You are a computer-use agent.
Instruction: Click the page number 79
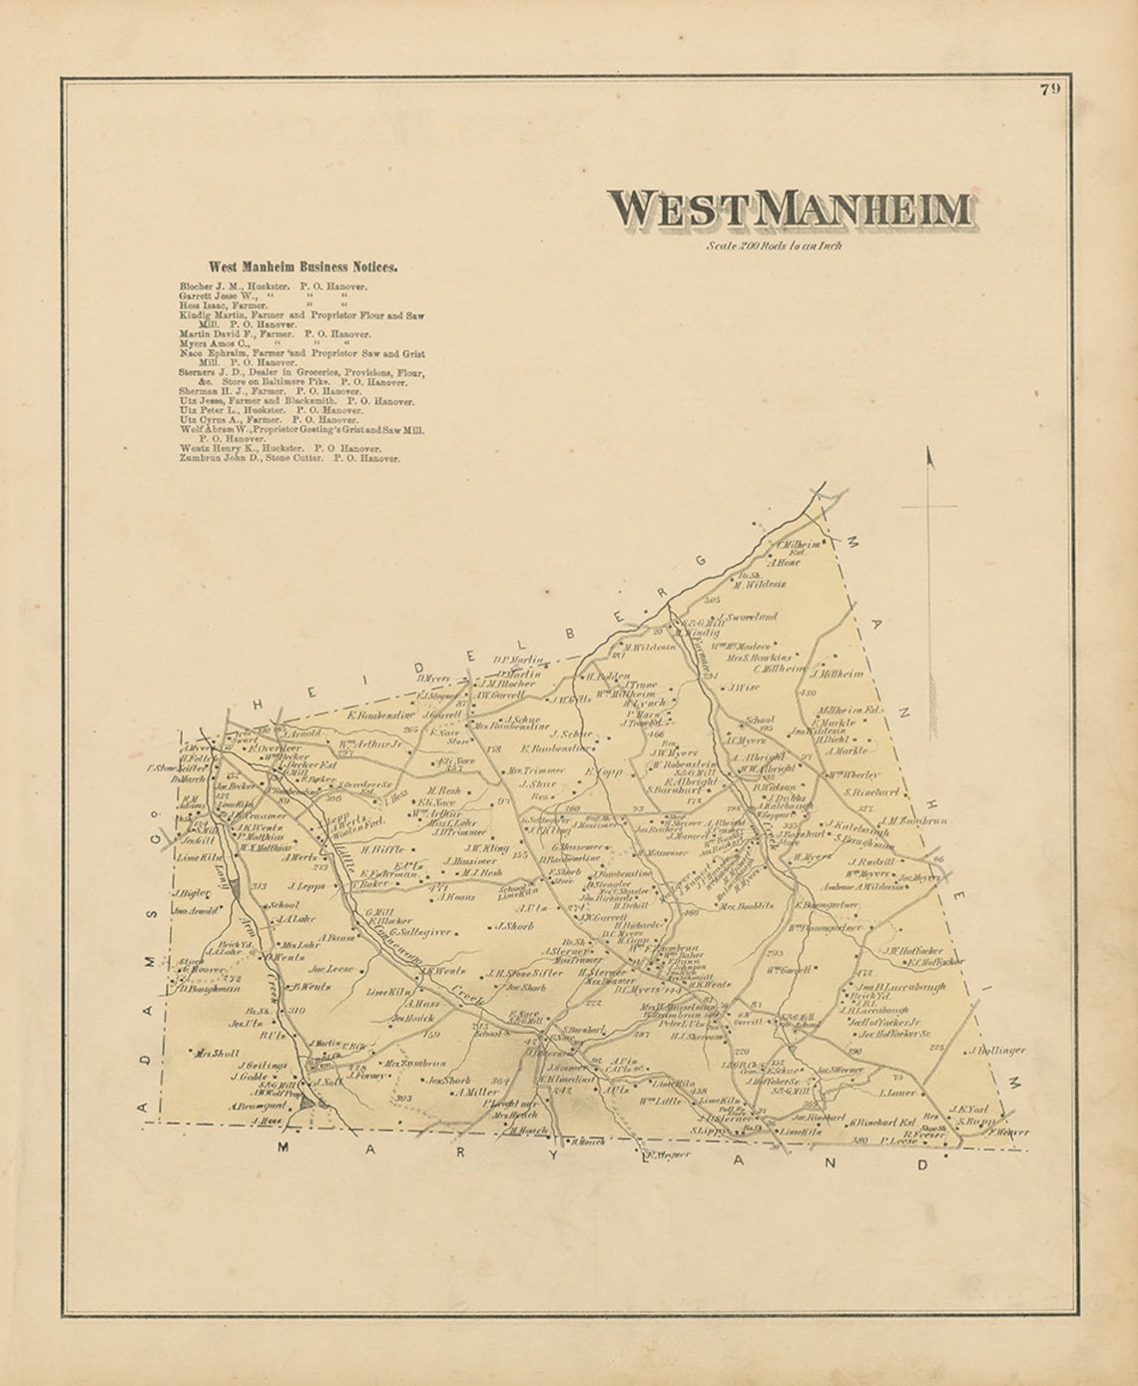click(x=1049, y=89)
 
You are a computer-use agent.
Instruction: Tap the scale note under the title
click(x=774, y=245)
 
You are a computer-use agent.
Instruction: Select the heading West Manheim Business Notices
click(x=302, y=267)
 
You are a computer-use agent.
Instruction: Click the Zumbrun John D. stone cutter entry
click(x=289, y=459)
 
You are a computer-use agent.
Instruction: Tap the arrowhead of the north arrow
click(x=929, y=459)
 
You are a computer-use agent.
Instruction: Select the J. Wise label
click(x=745, y=687)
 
